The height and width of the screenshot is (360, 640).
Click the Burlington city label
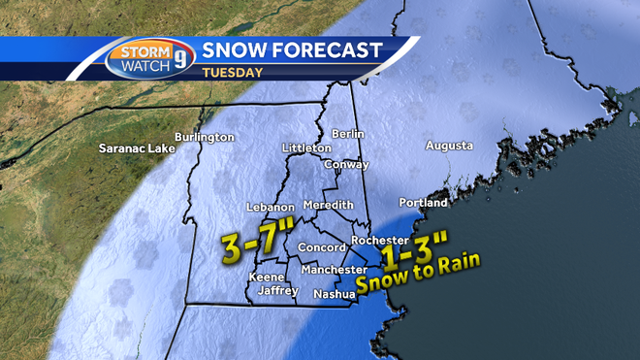click(x=205, y=137)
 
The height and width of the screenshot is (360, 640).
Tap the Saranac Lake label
click(x=135, y=149)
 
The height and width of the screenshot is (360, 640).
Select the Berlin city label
click(x=346, y=133)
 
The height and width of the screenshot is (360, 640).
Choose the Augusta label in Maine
click(x=449, y=146)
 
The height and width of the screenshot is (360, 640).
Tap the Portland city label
click(x=424, y=203)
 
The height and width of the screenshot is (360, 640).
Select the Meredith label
click(x=328, y=207)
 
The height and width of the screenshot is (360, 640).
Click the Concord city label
click(x=315, y=247)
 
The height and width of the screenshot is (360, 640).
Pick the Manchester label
click(x=333, y=269)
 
